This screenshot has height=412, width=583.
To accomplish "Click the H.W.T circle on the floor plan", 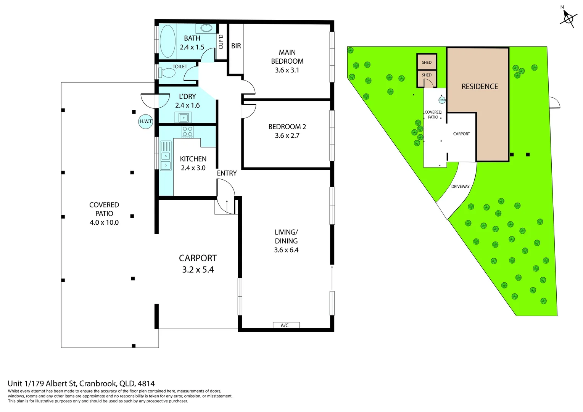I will point(145,122).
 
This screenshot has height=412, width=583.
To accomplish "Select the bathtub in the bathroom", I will point(167,41).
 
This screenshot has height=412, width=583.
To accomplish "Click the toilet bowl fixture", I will point(168,72).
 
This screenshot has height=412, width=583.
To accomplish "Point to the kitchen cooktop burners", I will point(187,132).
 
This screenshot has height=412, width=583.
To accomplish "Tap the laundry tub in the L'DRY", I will point(183,117).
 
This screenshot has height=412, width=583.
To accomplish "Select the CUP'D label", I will point(221,42).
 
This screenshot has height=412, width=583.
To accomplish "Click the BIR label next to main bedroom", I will point(236,46).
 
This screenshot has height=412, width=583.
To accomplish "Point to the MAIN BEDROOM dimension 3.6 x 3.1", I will point(287,70).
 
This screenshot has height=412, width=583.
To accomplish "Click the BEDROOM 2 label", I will point(287,127).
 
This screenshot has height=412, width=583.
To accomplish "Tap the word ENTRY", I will point(227,173).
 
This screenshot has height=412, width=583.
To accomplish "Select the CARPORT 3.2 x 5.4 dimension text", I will point(198,270).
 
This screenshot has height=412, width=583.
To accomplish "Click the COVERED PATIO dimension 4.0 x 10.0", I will point(104,222).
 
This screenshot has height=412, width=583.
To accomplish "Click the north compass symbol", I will point(569,18).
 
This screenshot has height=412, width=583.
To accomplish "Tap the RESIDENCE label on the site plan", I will point(480,87).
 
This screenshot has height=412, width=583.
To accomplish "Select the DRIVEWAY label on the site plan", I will point(460,187).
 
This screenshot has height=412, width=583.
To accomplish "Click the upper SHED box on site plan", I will point(427,62).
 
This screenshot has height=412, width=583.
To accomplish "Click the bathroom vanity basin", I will point(206,28).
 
